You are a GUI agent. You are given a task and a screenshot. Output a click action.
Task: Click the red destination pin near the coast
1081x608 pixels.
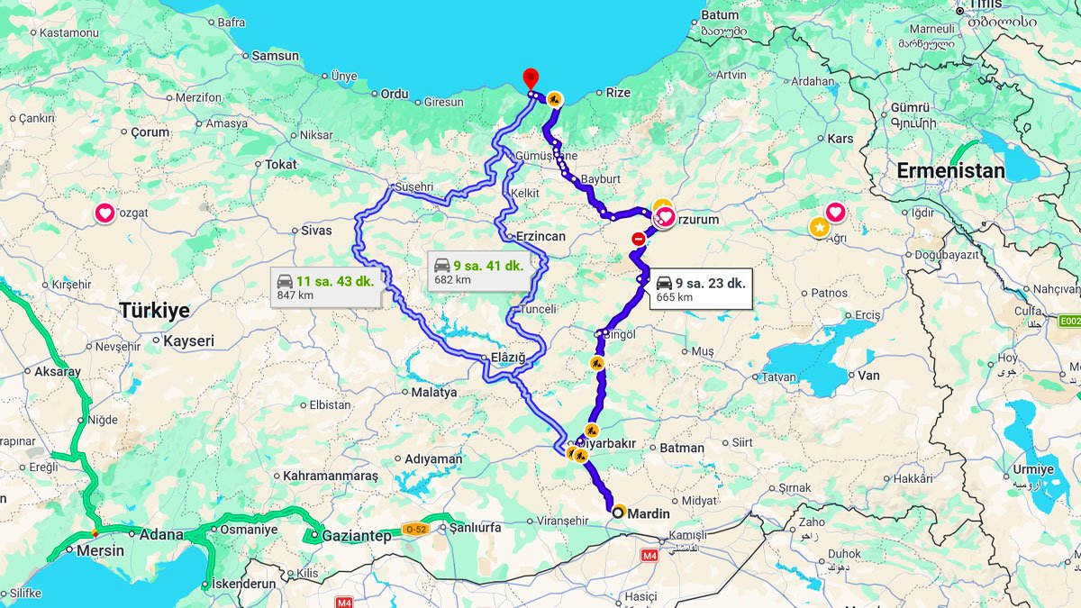pyautogui.click(x=531, y=78)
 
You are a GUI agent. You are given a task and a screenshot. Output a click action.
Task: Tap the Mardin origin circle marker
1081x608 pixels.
pyautogui.click(x=618, y=513)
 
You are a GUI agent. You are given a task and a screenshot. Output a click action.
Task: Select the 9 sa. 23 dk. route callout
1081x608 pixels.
pyautogui.click(x=700, y=288)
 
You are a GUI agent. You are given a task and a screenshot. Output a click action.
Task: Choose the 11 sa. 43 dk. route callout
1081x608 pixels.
pyautogui.click(x=325, y=287)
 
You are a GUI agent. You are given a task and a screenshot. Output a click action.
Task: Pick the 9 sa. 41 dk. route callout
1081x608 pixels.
pyautogui.click(x=477, y=271)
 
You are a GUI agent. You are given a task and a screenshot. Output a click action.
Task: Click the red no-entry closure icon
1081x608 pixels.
pyautogui.click(x=639, y=239)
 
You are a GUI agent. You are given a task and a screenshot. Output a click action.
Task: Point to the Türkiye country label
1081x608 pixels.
pyautogui.click(x=154, y=311)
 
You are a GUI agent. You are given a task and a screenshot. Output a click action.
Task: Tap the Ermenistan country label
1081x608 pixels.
pyautogui.click(x=950, y=170)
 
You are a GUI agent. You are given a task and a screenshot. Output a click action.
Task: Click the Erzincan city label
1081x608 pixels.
pyautogui.click(x=540, y=236)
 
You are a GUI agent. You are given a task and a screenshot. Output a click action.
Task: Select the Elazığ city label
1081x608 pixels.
pyautogui.click(x=508, y=358)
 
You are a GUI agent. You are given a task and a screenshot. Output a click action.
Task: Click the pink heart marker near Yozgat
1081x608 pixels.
pyautogui.click(x=104, y=213)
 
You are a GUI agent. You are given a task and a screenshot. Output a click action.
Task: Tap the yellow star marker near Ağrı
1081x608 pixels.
pyautogui.click(x=818, y=227)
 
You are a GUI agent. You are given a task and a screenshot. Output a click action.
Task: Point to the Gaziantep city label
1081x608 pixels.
pyautogui.click(x=358, y=536)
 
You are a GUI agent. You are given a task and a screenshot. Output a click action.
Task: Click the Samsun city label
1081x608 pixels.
pyautogui.click(x=275, y=56)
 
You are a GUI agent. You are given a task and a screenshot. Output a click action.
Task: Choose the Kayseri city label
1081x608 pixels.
pyautogui.click(x=189, y=341)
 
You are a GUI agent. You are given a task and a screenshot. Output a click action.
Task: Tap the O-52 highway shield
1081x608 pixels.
pyautogui.click(x=415, y=530)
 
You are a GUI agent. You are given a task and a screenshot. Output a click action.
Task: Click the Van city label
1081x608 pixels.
pyautogui.click(x=869, y=376)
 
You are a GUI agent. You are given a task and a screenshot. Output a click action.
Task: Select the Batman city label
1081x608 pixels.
pyautogui.click(x=682, y=448)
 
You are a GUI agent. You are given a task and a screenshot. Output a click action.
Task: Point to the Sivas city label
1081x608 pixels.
pyautogui.click(x=316, y=231)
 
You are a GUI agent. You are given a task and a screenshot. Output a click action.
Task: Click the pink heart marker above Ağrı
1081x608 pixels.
pyautogui.click(x=835, y=213)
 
